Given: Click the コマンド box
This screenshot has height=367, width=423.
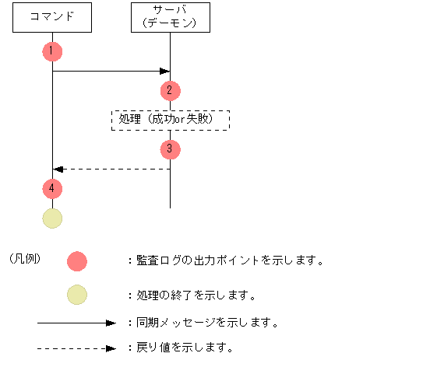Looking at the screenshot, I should [52, 18].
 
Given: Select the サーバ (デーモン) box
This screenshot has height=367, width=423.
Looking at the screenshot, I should [170, 18].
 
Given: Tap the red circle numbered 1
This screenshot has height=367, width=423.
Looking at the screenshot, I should [52, 51].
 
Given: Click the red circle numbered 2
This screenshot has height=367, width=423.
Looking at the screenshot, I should [170, 90].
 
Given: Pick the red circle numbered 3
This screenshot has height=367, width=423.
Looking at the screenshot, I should [170, 148].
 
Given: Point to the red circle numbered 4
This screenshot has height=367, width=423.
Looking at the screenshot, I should [52, 188].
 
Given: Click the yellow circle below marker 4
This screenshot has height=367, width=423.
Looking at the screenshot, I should [52, 218].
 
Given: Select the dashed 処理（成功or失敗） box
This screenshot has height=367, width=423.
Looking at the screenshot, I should [171, 119].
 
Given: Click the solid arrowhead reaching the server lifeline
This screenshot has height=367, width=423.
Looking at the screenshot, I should [165, 72].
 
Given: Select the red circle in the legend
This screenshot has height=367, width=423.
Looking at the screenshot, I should [77, 261].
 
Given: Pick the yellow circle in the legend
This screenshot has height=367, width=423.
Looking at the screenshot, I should [77, 295].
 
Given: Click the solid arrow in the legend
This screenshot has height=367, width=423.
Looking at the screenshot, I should [76, 322].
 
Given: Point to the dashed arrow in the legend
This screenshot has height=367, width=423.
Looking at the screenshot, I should [76, 348].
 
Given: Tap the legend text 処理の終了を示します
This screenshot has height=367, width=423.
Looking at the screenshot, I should [196, 295].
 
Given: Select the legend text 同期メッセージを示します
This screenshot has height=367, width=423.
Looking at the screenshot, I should [206, 322].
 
